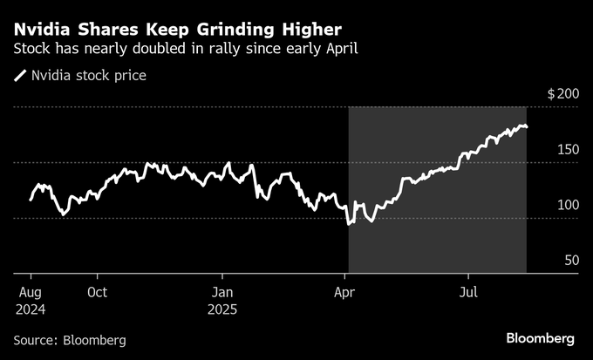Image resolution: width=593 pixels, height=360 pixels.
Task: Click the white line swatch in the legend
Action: [19, 76]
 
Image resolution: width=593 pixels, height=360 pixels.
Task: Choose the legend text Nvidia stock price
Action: [88, 76]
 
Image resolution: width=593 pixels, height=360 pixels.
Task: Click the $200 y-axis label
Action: [562, 93]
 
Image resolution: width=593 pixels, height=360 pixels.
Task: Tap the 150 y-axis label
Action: [568, 150]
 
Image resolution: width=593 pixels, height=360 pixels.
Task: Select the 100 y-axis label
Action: [568, 205]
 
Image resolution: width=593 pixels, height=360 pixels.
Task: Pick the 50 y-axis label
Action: [571, 261]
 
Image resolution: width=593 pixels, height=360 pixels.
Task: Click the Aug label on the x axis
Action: [31, 291]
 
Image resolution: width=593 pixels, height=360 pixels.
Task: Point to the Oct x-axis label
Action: [97, 291]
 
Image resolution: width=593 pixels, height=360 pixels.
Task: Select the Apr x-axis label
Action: [347, 291]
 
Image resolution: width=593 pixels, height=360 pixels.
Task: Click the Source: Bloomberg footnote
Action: [70, 339]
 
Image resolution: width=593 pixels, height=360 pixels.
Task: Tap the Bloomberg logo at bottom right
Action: [541, 337]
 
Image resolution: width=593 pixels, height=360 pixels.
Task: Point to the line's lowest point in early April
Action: [349, 223]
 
